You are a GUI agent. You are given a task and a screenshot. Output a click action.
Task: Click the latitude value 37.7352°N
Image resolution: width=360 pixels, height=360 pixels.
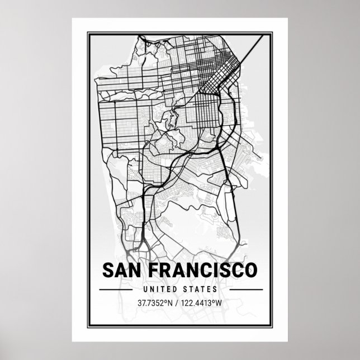coord(153,303)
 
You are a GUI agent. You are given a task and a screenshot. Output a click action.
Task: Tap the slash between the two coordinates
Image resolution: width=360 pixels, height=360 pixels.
coord(177,303)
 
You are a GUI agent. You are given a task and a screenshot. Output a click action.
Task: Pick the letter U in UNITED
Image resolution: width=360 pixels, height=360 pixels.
coord(145,290)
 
